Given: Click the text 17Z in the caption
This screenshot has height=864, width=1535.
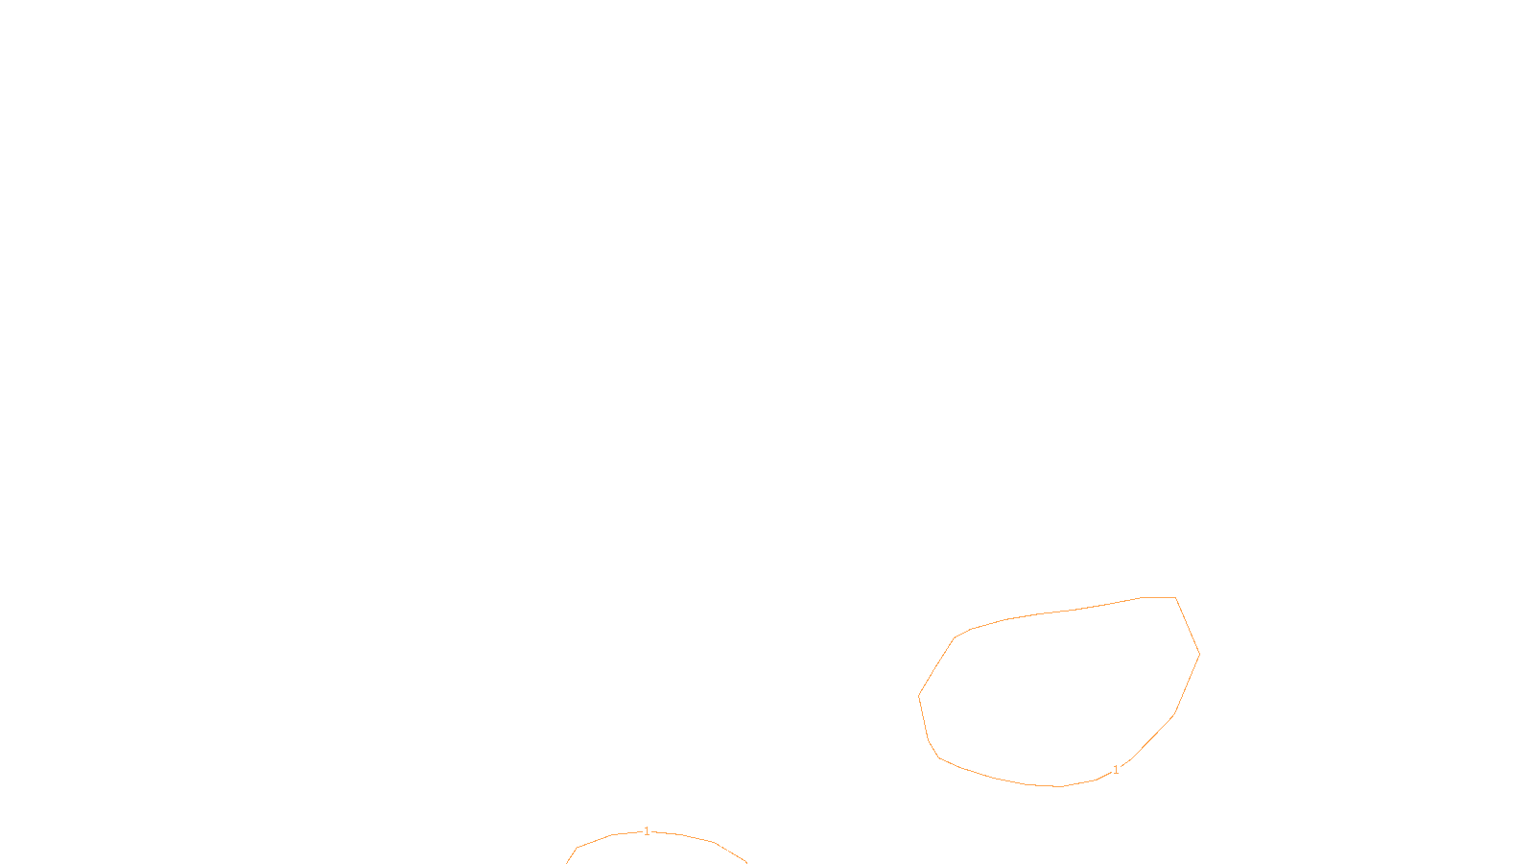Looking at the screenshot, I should (727, 848).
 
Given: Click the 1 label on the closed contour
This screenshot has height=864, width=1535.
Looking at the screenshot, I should (1116, 770).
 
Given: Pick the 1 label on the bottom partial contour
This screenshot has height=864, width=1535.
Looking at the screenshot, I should (647, 831).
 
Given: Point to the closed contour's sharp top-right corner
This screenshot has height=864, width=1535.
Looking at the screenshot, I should (1175, 598).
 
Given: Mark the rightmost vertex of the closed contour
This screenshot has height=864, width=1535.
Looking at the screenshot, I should (1199, 655).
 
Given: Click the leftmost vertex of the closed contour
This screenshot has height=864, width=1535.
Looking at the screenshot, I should (919, 695).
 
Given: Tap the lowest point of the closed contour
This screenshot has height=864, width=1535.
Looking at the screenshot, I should (1060, 786).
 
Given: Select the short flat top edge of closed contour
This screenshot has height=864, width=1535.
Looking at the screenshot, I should (1159, 597).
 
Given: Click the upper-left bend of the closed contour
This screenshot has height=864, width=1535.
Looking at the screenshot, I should (955, 638).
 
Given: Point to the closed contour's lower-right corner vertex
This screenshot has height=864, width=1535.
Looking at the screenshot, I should (1174, 715).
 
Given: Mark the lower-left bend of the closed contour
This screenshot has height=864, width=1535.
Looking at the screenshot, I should (937, 756).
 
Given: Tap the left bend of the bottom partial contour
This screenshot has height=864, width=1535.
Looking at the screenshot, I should (577, 848).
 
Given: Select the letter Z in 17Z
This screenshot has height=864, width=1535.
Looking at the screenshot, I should (734, 848).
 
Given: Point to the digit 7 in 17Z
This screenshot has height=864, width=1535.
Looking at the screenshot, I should (727, 848).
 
